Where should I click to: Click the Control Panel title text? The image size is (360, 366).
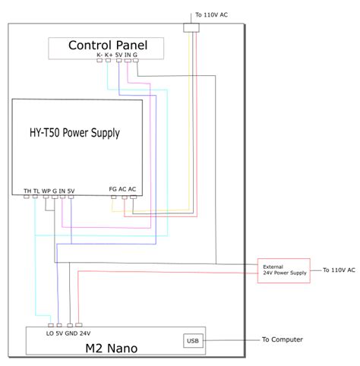click(x=108, y=45)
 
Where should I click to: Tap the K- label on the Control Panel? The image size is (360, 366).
click(x=99, y=55)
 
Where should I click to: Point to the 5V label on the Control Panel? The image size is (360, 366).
click(x=120, y=55)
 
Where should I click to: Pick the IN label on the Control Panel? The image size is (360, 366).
click(x=128, y=55)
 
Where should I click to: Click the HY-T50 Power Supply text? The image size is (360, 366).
click(x=69, y=132)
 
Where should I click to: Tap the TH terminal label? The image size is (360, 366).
click(x=27, y=190)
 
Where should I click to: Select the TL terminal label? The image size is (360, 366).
click(x=36, y=190)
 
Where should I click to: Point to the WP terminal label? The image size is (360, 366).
click(x=46, y=190)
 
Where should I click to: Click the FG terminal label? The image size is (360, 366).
click(x=113, y=189)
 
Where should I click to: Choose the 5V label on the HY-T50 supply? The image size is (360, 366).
click(x=71, y=190)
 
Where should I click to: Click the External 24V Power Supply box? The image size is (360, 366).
click(x=284, y=270)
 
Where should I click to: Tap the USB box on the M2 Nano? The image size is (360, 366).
click(x=192, y=339)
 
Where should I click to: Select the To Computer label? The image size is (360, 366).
click(x=282, y=339)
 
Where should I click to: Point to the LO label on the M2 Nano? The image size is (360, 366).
click(x=49, y=333)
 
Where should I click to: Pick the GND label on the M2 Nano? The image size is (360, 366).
click(x=71, y=333)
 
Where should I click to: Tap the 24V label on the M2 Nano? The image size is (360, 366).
click(x=84, y=333)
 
